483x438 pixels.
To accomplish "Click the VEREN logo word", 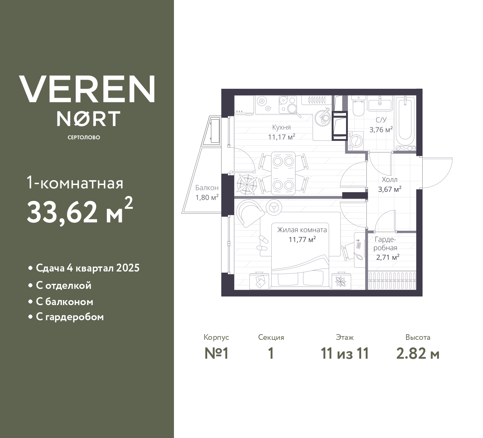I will coord(87,89).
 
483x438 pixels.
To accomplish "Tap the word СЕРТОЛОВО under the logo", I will coord(84,137).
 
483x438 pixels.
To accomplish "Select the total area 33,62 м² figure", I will coord(80,212).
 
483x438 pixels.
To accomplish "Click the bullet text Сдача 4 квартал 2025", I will coord(88,268).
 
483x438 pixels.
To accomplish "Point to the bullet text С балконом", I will coord(65,302).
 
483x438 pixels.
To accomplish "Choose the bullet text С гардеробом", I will coord(70,317).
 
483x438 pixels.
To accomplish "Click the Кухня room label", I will coord(281,127).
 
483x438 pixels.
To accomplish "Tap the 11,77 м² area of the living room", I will coord(302,239).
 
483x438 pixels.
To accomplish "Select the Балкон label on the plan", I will coord(207,188).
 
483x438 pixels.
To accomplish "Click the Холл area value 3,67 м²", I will coord(389,189).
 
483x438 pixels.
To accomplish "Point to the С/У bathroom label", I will coord(381,120).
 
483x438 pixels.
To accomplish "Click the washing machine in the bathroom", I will coord(355,141).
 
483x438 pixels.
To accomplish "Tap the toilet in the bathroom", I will coord(358,106).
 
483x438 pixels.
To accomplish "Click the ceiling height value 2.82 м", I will coord(418,354).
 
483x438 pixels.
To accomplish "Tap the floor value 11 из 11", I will coord(345,354).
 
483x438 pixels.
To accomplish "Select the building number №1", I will coord(217,354).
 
